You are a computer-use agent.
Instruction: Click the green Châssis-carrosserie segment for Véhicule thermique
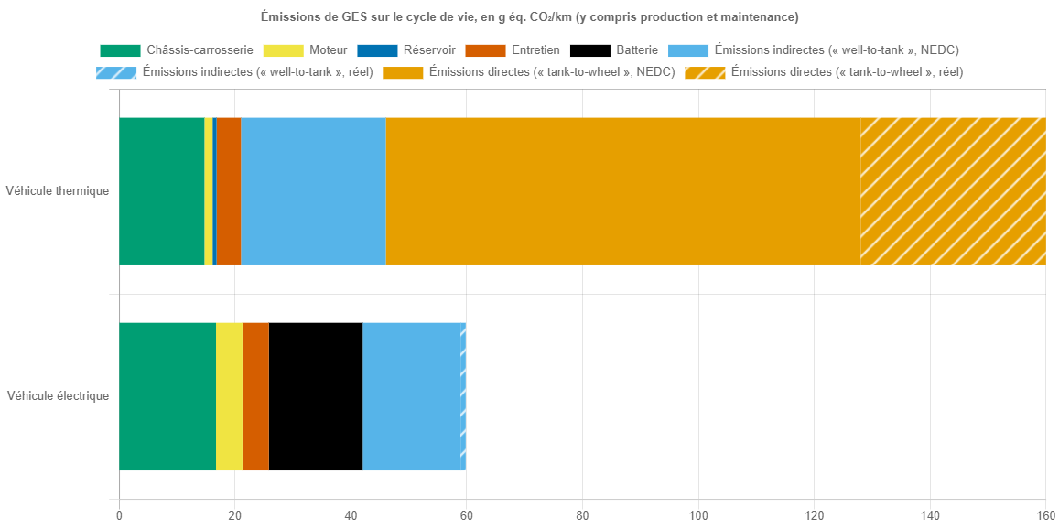[x=161, y=191]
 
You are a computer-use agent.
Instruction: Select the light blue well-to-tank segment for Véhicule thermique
[x=313, y=191]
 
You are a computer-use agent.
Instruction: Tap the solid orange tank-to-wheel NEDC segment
[x=622, y=191]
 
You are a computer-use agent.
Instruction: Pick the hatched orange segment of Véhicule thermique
[x=953, y=191]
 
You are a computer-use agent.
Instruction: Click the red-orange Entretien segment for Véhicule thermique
[x=229, y=191]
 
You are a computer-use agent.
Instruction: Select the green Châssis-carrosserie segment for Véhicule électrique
[x=167, y=396]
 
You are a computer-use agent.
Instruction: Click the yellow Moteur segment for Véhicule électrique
[x=229, y=396]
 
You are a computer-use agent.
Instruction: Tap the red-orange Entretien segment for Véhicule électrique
[x=255, y=396]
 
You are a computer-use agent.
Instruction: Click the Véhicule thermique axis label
[x=57, y=191]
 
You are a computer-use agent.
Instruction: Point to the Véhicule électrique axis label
[x=58, y=396]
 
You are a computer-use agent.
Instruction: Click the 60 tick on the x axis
[x=466, y=515]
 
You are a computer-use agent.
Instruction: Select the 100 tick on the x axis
[x=697, y=515]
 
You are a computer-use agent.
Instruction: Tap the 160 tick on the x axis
[x=1045, y=515]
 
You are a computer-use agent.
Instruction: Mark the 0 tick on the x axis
[x=119, y=515]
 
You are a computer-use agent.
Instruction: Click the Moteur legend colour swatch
[x=283, y=50]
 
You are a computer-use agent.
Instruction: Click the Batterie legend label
[x=636, y=50]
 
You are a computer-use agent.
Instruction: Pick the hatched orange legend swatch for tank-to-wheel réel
[x=705, y=72]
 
